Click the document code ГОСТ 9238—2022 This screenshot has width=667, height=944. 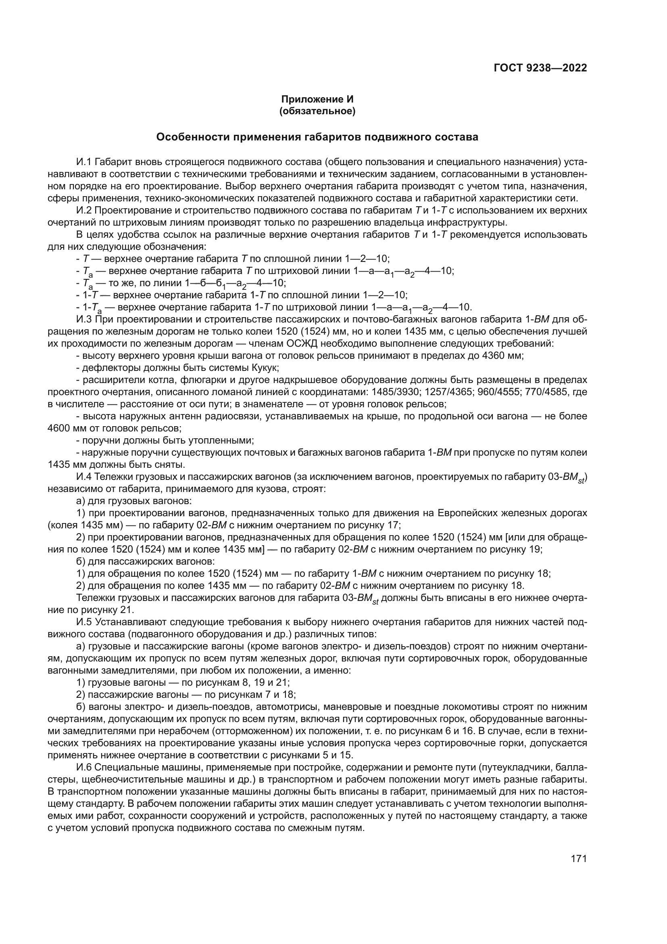pyautogui.click(x=540, y=68)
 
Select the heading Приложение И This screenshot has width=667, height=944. pyautogui.click(x=317, y=100)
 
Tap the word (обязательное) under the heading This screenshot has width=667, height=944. pyautogui.click(x=317, y=111)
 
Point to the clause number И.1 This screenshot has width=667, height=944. pyautogui.click(x=84, y=162)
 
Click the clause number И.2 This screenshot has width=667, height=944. pyautogui.click(x=84, y=211)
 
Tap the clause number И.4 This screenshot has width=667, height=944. pyautogui.click(x=84, y=477)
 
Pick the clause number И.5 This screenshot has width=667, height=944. pyautogui.click(x=84, y=622)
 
